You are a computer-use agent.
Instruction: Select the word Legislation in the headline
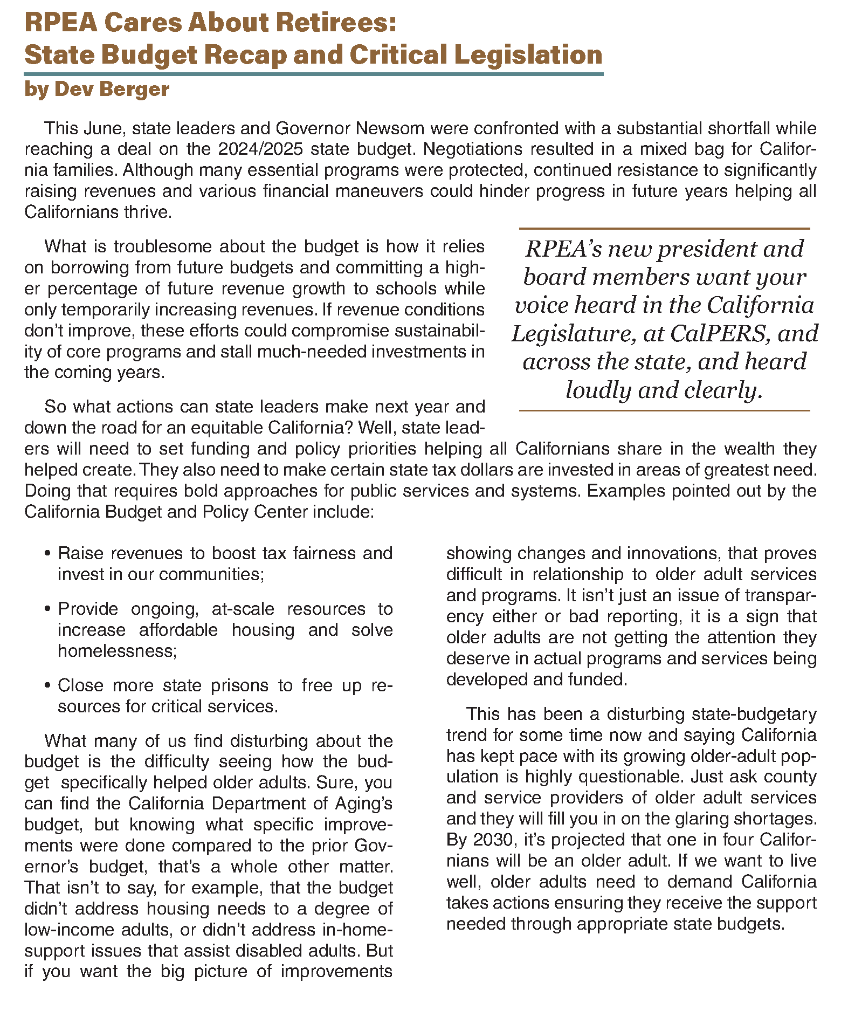pos(528,55)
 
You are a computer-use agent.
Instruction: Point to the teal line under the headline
pos(313,74)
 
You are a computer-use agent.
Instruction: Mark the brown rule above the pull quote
pos(664,229)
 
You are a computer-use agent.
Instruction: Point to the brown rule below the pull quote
pos(664,410)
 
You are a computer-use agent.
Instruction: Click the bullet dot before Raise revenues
pos(48,554)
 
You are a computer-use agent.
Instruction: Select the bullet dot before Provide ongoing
pos(48,609)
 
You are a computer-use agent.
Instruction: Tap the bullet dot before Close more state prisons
pos(48,686)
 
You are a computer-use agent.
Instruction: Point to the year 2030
pos(492,840)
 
